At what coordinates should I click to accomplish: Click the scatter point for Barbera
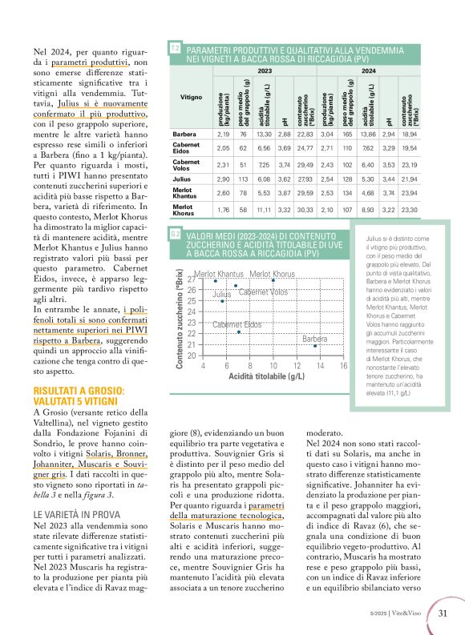coord(316,369)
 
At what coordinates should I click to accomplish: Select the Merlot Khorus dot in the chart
coord(273,280)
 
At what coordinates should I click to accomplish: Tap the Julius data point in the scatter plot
coord(222,301)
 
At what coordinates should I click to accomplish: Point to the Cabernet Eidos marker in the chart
coord(239,354)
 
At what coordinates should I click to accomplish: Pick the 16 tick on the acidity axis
coord(343,388)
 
